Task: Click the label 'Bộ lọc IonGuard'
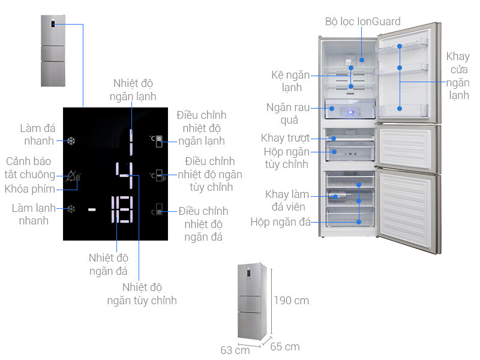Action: coord(362,22)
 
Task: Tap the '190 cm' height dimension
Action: coord(292,300)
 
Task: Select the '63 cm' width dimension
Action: coord(235,350)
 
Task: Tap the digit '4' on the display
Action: coord(125,176)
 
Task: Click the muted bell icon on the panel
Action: coord(71,176)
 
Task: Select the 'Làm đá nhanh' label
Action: coord(38,134)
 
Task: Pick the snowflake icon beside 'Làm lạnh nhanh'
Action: coord(71,210)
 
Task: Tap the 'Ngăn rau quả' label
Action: coord(288,113)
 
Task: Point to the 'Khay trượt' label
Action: coord(285,139)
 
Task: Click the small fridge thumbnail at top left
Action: coord(52,50)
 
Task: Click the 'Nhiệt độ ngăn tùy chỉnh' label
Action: coord(142,294)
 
